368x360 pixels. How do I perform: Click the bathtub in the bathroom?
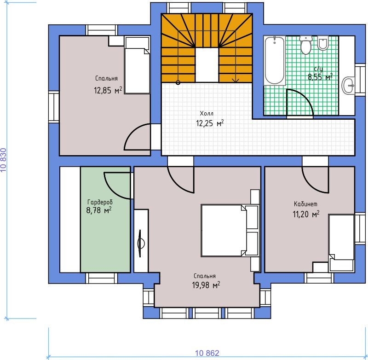point(274,60)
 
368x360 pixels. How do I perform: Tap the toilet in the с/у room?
point(306,45)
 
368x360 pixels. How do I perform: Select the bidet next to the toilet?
point(323,43)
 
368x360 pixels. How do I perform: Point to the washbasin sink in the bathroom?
point(349,86)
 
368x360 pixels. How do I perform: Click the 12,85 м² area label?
point(108,90)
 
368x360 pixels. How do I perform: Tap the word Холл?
point(207,114)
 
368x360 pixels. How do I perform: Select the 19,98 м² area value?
point(206,285)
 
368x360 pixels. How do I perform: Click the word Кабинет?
point(305,204)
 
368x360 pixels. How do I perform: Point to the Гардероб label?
point(100,202)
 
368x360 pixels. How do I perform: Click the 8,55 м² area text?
point(320,77)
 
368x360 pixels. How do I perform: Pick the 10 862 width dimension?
point(207,353)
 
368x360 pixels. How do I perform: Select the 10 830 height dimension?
point(4,160)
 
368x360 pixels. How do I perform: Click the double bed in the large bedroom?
point(230,230)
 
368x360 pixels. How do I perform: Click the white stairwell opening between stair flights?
point(207,65)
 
